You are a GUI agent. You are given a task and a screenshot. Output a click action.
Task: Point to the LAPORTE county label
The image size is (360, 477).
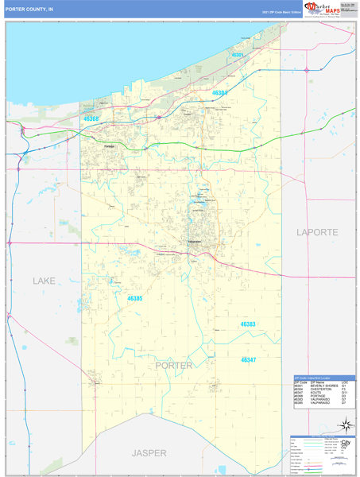click(x=317, y=232)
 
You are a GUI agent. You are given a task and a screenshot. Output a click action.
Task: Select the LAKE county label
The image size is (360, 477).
click(x=44, y=281)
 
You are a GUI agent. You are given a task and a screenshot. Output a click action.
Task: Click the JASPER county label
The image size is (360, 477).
click(x=150, y=452)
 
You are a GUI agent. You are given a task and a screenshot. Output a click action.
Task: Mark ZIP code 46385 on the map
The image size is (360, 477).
click(x=135, y=299)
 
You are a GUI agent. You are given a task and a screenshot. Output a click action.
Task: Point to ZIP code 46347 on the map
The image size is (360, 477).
click(x=249, y=359)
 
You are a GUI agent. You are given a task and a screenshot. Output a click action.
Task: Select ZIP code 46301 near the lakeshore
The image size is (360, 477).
click(x=236, y=55)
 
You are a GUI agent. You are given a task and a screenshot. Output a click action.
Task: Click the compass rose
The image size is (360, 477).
click(x=344, y=424)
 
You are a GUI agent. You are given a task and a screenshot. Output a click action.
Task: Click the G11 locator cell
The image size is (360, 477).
click(x=345, y=393)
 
